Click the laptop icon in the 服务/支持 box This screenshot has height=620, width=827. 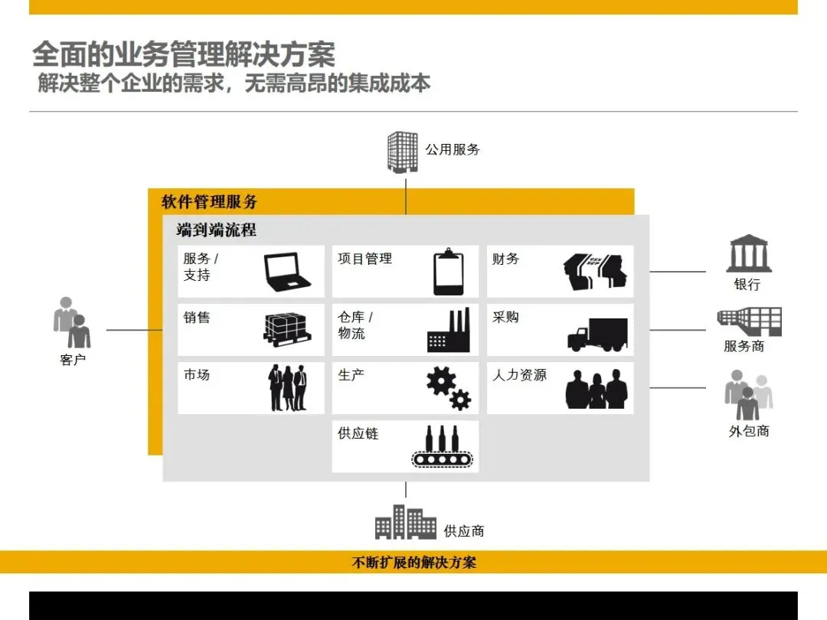(x=287, y=271)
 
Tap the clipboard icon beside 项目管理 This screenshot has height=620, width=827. (x=449, y=272)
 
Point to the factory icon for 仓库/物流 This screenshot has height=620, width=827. (x=448, y=331)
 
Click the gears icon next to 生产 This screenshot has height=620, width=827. (x=448, y=388)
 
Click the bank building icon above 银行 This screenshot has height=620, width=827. (x=748, y=253)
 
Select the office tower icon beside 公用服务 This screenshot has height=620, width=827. (x=403, y=151)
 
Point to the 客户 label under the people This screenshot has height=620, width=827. (x=73, y=360)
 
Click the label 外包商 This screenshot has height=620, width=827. (x=748, y=432)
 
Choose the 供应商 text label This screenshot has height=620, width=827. (x=464, y=530)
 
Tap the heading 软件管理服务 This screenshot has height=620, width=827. (x=209, y=202)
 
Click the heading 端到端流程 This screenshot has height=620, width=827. (x=216, y=230)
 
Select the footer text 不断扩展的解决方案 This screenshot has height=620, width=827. (x=413, y=563)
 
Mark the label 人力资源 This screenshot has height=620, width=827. (x=519, y=375)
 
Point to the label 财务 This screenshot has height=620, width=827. (x=505, y=259)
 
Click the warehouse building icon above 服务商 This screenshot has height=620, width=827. (x=750, y=321)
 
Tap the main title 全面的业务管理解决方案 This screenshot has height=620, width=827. (x=184, y=55)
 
